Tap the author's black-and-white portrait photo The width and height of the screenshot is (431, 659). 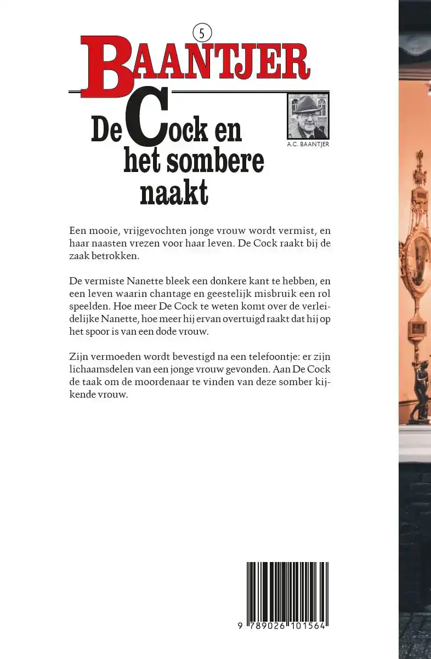[x=308, y=116]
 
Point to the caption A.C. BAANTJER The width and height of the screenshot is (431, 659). [x=308, y=145]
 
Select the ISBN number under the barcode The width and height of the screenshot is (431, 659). [x=282, y=626]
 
